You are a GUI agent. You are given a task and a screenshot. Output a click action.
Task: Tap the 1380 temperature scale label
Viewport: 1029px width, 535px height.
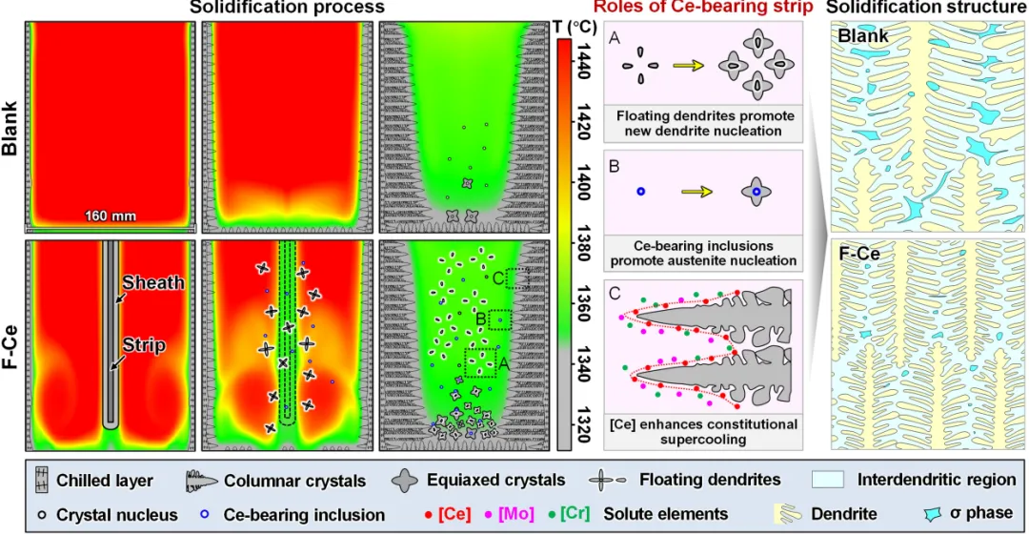click(583, 245)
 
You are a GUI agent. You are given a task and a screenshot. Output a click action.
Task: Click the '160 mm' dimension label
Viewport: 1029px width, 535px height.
click(111, 216)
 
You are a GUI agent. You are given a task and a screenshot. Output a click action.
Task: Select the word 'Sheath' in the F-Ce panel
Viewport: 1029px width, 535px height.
click(153, 282)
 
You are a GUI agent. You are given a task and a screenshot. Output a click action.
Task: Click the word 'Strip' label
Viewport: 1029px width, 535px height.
click(145, 345)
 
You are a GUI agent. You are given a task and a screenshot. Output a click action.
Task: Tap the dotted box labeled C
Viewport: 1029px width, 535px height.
click(517, 278)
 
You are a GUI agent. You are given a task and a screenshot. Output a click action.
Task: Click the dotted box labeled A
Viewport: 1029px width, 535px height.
click(479, 362)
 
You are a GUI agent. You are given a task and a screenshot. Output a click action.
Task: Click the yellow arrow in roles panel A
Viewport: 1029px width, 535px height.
click(689, 66)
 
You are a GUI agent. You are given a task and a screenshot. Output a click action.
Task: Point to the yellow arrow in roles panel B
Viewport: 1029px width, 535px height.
click(696, 192)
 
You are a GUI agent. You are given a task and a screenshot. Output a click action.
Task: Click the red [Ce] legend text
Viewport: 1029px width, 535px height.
click(454, 513)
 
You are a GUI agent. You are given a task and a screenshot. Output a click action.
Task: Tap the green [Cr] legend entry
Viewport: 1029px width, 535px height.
click(575, 513)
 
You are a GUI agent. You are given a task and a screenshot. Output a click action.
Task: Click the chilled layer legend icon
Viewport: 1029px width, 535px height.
click(41, 481)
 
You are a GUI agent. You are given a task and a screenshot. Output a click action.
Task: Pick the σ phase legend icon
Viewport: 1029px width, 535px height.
click(933, 513)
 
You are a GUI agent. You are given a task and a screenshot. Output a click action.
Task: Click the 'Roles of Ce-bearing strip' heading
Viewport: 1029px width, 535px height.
click(703, 8)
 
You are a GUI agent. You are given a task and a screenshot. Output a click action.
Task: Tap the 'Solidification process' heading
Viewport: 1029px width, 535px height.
click(287, 8)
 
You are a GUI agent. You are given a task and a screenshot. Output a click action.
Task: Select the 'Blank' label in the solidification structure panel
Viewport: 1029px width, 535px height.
click(863, 36)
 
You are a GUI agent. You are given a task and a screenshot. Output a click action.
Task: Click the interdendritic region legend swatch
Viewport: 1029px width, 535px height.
click(828, 480)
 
